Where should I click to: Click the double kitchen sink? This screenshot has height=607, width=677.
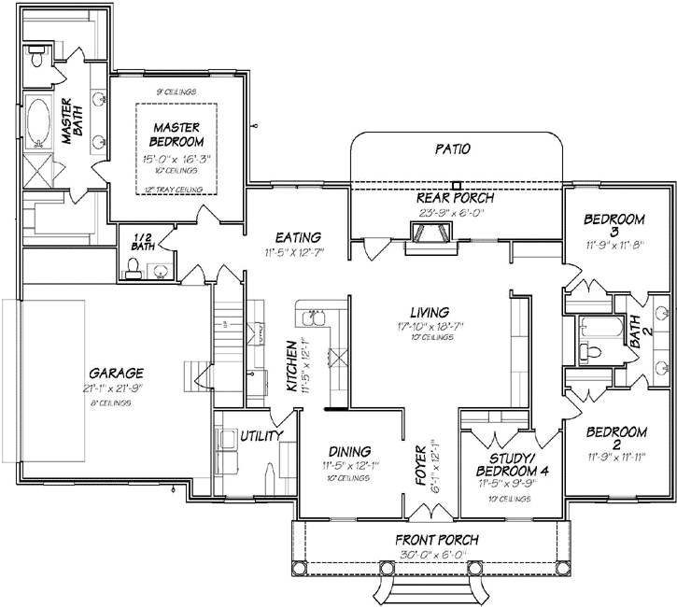click(x=314, y=320)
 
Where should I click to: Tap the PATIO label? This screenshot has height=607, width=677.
click(x=453, y=148)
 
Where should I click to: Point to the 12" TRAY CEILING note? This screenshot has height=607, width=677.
click(x=176, y=190)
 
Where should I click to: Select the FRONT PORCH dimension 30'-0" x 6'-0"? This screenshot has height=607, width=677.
click(x=436, y=554)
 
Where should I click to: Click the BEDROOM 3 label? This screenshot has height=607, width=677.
click(x=614, y=226)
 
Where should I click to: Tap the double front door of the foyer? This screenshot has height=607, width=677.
click(x=430, y=512)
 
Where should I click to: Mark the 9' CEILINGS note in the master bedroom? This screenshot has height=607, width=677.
click(x=177, y=92)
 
